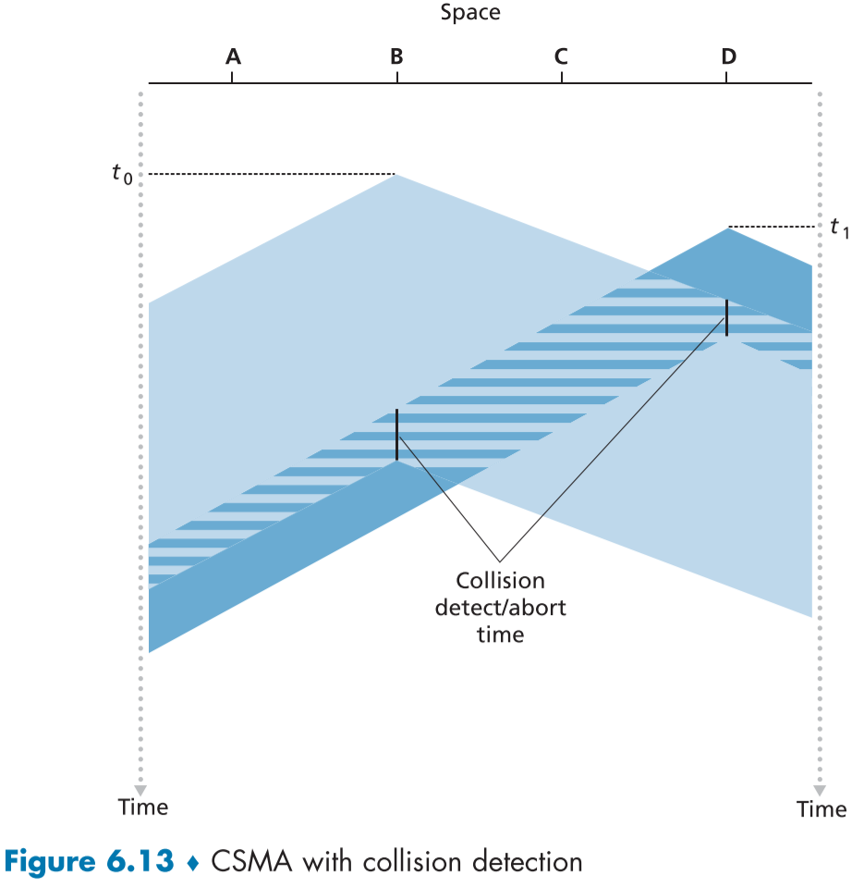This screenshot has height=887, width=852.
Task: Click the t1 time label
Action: coord(837,228)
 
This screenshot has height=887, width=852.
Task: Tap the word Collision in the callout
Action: coord(500,582)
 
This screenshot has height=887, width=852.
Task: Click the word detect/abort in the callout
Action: coord(500,608)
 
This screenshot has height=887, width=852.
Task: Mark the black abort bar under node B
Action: coord(396,434)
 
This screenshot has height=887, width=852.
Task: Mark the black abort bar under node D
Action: coord(726,318)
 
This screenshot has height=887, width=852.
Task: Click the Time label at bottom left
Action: coord(143,807)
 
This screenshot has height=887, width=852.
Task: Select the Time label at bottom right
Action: coord(821,809)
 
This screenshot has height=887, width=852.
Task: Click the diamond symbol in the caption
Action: coord(192,863)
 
